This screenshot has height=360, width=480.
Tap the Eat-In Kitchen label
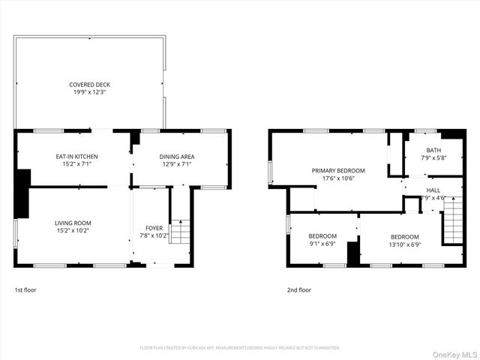pyautogui.click(x=76, y=156)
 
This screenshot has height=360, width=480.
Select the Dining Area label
pyautogui.click(x=177, y=156)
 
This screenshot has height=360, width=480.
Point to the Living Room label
pyautogui.click(x=73, y=223)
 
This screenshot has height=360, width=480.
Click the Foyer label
pyautogui.click(x=153, y=227)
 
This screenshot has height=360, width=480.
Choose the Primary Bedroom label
pyautogui.click(x=338, y=170)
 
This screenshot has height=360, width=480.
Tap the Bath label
pyautogui.click(x=434, y=150)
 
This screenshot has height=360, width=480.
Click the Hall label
pyautogui.click(x=433, y=190)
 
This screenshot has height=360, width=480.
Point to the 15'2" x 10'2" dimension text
pyautogui.click(x=73, y=230)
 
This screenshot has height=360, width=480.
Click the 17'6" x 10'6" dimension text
pyautogui.click(x=338, y=178)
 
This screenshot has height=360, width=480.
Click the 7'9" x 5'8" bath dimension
pyautogui.click(x=434, y=157)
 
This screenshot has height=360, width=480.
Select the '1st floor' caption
pyautogui.click(x=25, y=289)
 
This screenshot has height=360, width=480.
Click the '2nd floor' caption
pyautogui.click(x=298, y=289)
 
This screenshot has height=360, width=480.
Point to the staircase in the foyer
pyautogui.click(x=180, y=230)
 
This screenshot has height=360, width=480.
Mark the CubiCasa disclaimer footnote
pyautogui.click(x=240, y=347)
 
